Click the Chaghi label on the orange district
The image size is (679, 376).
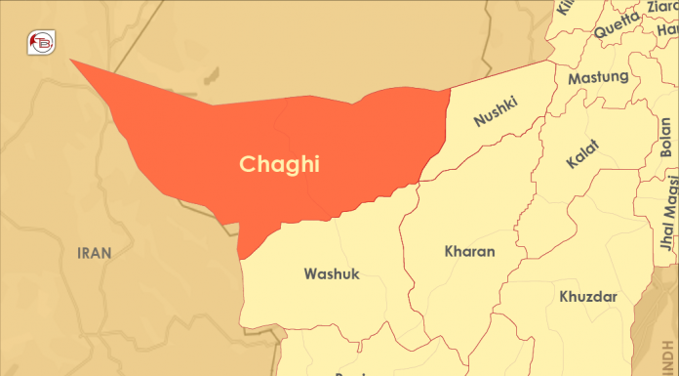point(280,164)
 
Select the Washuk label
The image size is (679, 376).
point(332,273)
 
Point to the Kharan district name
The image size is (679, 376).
point(469,251)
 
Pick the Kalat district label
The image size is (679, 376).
point(581,155)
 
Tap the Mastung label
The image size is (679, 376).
point(598,77)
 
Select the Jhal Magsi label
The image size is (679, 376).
point(668,210)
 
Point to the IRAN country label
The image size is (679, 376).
point(95,252)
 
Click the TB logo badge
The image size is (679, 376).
point(42,42)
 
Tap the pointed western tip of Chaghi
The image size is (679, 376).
point(70,60)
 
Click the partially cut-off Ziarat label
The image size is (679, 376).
point(659,8)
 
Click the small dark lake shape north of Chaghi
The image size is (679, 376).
point(209,74)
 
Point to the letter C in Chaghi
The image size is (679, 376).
point(247,164)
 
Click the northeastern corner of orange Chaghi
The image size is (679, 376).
point(449,91)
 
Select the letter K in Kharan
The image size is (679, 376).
point(449,251)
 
